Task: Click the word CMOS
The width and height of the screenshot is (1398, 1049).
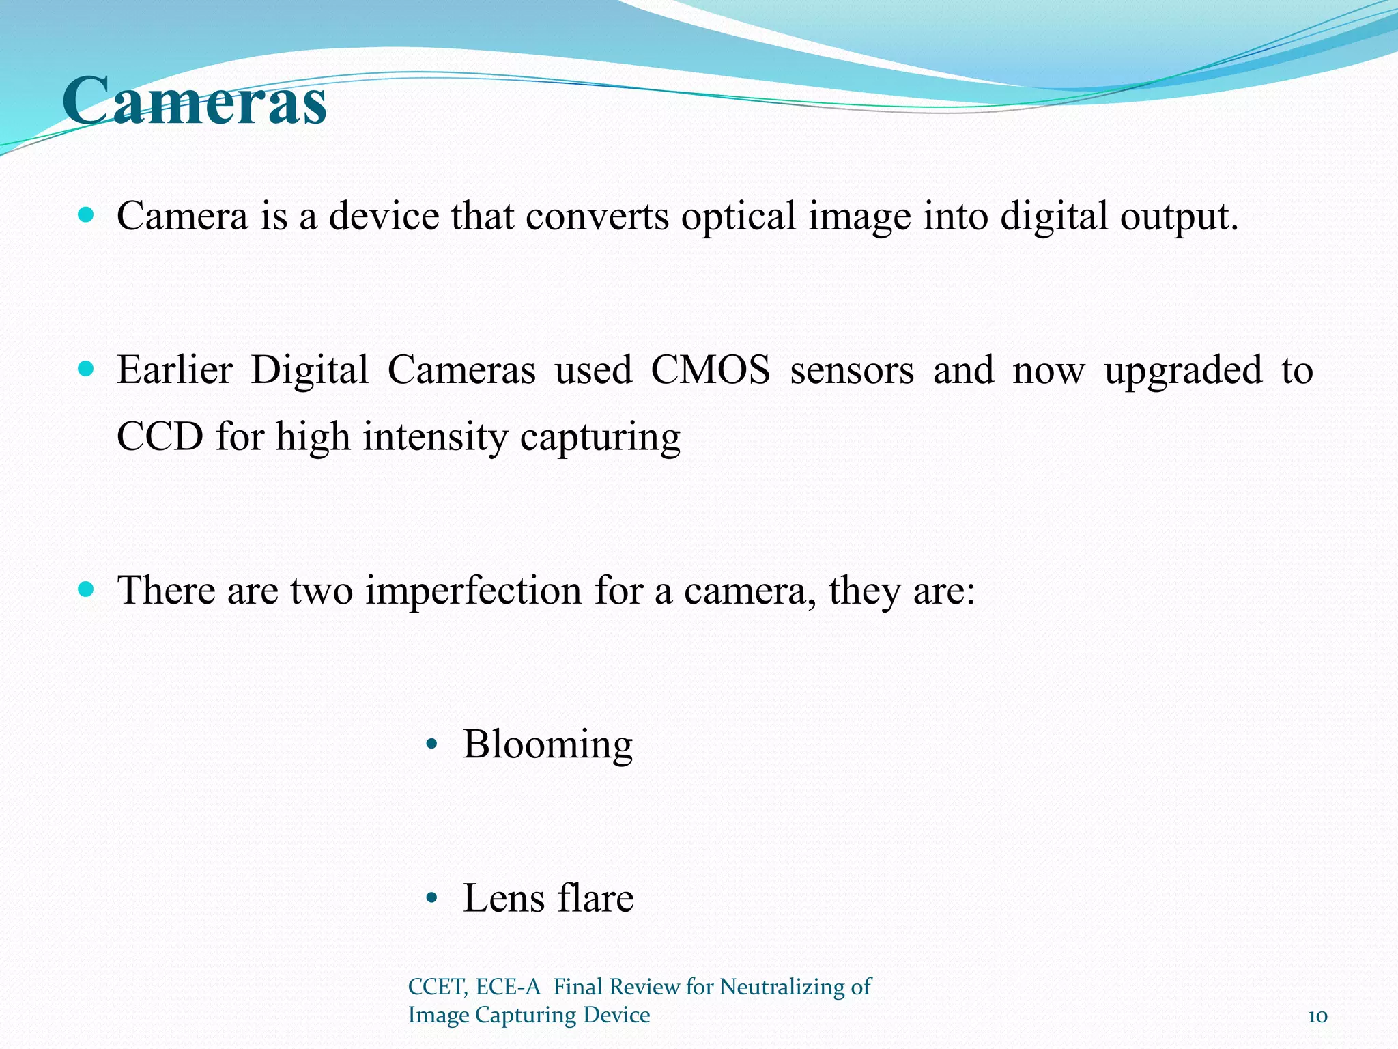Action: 710,371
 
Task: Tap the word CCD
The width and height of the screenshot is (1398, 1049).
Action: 160,436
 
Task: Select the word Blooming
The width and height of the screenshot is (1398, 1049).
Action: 547,744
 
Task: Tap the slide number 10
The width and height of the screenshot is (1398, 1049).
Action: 1317,1016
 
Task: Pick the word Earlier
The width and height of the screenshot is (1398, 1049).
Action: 175,371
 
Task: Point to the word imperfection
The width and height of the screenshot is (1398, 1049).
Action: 472,590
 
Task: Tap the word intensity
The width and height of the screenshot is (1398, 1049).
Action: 435,436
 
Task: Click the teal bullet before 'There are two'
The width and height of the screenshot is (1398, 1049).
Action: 86,589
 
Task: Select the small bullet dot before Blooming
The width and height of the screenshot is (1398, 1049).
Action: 431,745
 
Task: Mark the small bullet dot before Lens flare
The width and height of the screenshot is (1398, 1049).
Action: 431,899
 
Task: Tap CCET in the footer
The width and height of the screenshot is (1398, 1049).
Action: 437,987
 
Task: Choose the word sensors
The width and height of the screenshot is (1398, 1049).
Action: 851,371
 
